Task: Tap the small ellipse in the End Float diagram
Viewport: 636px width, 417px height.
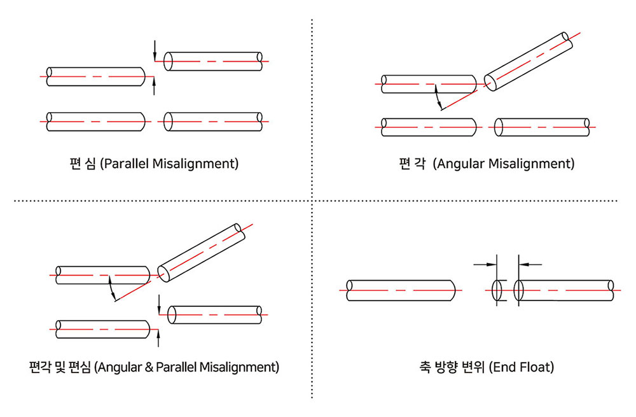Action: (499, 290)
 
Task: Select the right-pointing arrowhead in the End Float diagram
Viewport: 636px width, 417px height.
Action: (492, 263)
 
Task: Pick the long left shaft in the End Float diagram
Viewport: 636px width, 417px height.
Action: (401, 290)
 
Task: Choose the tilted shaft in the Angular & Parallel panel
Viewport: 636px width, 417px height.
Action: (200, 251)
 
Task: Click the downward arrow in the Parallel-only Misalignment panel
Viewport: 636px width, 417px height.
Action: (154, 52)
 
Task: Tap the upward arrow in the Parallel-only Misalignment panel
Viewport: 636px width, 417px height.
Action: (154, 85)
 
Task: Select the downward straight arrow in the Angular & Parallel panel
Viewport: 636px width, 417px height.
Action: (159, 304)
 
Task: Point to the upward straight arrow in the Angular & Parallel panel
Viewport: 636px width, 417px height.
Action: (159, 337)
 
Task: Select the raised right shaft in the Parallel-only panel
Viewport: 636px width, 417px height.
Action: (213, 61)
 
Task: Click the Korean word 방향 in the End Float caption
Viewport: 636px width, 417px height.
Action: (446, 367)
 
